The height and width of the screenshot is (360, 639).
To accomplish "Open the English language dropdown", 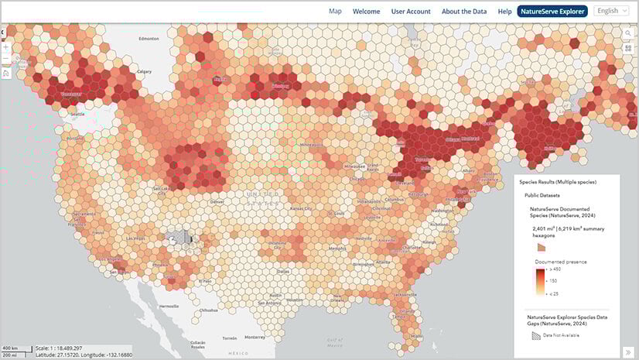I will coord(612,11).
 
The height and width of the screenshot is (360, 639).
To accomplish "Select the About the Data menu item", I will coord(464,12).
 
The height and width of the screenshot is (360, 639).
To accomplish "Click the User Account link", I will coord(411,12).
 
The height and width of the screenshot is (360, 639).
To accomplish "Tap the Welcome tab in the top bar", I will coord(367,12).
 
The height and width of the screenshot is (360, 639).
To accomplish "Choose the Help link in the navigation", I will coord(504,12).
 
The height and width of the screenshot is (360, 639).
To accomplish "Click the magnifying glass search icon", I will coord(628,34).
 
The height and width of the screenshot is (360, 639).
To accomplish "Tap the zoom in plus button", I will coord(6,46).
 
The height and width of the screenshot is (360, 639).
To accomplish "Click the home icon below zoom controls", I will coord(6,73).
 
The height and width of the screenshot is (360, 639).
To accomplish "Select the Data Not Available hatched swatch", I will coord(536,335).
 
